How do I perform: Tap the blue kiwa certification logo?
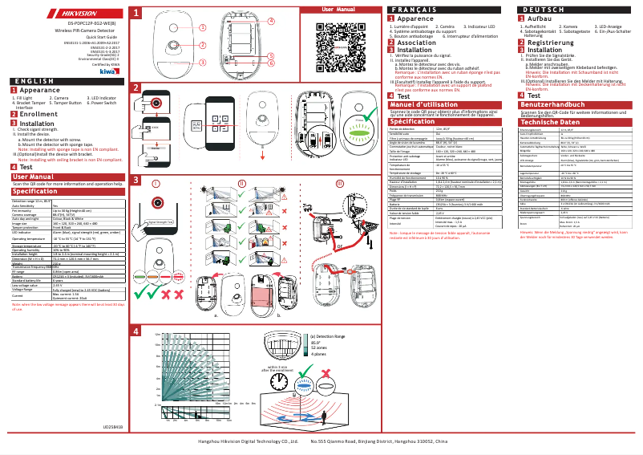(x=108, y=72)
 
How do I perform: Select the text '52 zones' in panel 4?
(x=319, y=346)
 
